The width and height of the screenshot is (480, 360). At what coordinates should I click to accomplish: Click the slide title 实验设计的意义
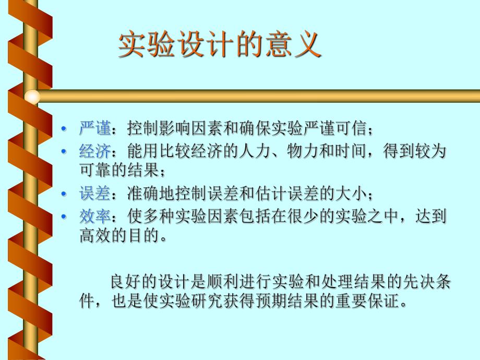pos(219,46)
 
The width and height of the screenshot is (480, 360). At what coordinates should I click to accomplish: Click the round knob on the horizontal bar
pos(32,96)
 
